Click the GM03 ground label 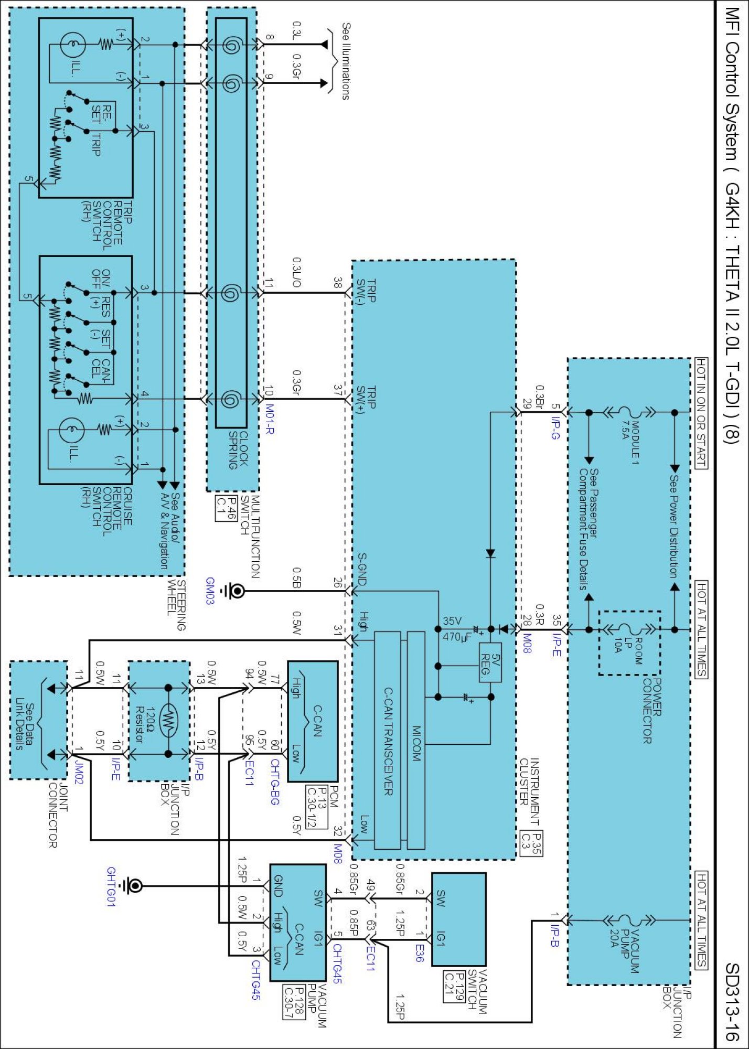210,591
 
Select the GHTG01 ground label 112,886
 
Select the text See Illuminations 346,60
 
